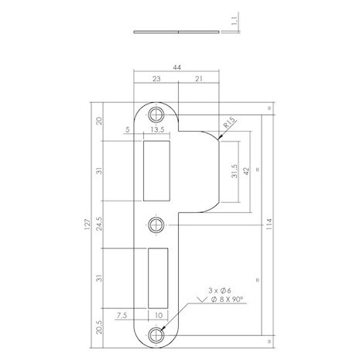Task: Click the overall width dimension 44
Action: [x=179, y=68]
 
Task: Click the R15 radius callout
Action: [x=228, y=122]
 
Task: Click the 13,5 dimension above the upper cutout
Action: [x=157, y=131]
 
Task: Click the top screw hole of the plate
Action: [x=159, y=113]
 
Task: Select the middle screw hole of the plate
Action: [x=157, y=225]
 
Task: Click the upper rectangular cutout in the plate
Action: [x=158, y=169]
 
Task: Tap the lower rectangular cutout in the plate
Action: [x=158, y=279]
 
